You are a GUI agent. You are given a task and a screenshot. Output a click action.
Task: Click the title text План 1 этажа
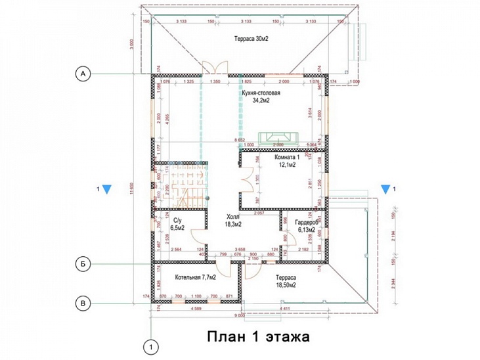click(x=258, y=336)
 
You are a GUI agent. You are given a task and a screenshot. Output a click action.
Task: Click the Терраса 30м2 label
click(x=251, y=39)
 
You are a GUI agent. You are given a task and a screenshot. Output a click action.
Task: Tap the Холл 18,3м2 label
click(x=234, y=219)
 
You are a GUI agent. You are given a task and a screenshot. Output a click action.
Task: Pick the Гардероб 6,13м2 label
click(x=307, y=225)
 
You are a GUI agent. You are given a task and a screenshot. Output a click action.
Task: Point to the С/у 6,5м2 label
click(x=177, y=224)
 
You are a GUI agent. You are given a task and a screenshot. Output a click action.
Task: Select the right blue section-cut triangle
click(x=384, y=190)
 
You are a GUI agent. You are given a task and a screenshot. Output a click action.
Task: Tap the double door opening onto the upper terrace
click(x=215, y=68)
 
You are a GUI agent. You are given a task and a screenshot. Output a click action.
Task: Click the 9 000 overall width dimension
click(x=263, y=314)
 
